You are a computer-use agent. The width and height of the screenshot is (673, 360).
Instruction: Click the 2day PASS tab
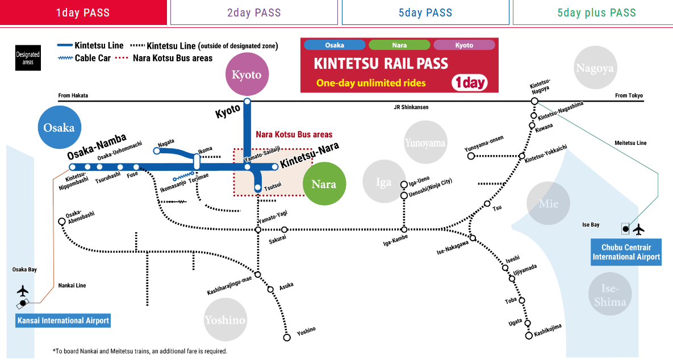tap(254, 12)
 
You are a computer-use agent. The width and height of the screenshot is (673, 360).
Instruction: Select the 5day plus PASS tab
tap(596, 12)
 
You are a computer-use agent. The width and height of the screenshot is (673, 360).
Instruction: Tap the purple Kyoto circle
tap(247, 74)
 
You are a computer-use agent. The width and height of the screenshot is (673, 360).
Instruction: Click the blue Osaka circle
tap(59, 127)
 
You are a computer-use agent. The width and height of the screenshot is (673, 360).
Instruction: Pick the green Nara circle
tap(324, 184)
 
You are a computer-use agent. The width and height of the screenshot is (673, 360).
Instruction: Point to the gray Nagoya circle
tap(595, 68)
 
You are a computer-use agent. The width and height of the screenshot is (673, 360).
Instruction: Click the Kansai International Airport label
tap(63, 320)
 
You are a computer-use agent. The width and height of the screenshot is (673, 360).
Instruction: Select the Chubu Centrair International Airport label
tap(626, 252)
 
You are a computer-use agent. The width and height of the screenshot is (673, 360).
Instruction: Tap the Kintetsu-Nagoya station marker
tap(534, 101)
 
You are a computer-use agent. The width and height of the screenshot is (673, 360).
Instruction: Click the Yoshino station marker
tap(287, 338)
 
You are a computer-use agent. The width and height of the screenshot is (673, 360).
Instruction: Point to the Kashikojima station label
tap(547, 330)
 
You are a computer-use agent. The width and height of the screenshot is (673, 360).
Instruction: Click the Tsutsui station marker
tap(257, 187)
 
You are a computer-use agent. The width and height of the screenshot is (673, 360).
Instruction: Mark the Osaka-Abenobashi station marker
tap(62, 221)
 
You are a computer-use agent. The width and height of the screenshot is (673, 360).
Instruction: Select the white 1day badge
tap(470, 82)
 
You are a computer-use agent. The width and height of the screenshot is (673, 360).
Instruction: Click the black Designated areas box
tap(28, 58)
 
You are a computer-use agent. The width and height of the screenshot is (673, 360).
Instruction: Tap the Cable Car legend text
tap(93, 58)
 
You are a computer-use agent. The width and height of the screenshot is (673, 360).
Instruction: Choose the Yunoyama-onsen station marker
tap(471, 156)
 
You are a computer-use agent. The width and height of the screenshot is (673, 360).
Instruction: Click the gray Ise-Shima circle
tap(610, 294)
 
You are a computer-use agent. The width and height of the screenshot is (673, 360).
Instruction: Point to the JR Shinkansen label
tap(411, 107)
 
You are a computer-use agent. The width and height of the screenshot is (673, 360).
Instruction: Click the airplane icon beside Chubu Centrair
tap(639, 229)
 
